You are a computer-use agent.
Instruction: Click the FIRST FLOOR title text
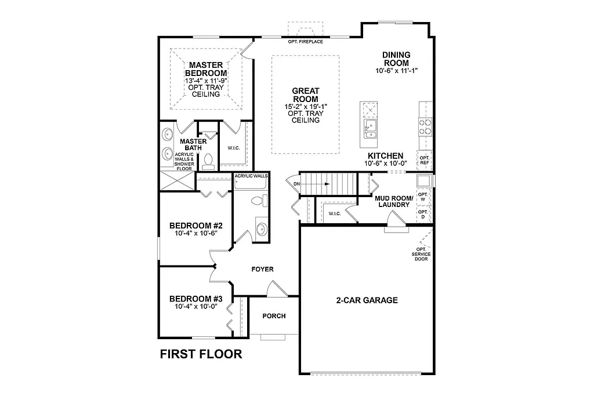201,354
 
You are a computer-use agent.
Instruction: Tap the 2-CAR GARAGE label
367,300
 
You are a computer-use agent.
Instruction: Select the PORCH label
274,316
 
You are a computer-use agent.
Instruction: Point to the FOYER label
262,270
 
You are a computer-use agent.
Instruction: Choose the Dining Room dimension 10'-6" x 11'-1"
396,70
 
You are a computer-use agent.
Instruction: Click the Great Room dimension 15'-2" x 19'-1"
305,106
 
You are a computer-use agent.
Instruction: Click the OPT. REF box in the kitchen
424,161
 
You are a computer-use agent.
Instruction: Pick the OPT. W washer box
423,197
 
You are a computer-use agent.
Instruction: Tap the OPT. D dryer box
423,215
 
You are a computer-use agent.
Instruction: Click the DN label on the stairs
297,184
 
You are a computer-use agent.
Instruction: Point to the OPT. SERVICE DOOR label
421,255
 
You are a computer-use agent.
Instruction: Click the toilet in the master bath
209,162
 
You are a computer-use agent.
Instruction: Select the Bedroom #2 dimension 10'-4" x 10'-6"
193,233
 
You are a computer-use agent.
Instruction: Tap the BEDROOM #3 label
193,299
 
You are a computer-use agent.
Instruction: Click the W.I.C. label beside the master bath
234,147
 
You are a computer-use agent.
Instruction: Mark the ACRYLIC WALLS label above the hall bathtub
250,176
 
